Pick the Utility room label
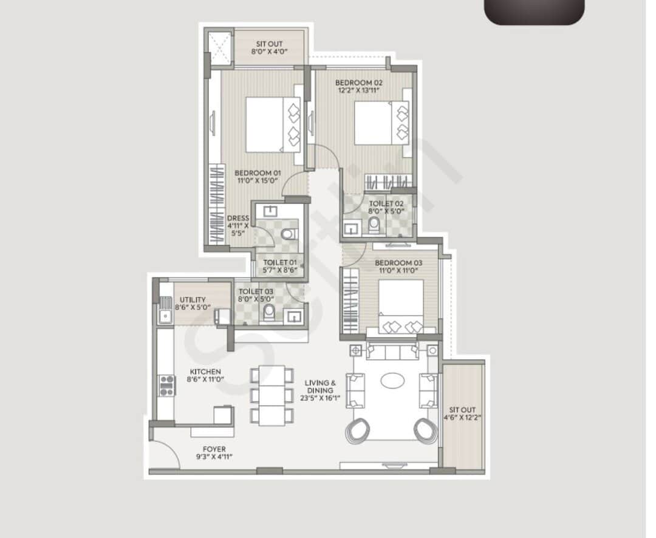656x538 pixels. (x=193, y=299)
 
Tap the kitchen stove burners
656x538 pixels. (x=166, y=386)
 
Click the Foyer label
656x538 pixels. (x=214, y=449)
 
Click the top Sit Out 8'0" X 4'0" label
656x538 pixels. (x=269, y=48)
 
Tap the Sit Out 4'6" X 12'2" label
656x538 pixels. (x=463, y=413)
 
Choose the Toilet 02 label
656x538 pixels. (x=382, y=204)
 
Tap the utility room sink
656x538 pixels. (x=165, y=316)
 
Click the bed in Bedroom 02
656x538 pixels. (x=381, y=123)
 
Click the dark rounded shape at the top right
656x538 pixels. (x=535, y=12)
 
